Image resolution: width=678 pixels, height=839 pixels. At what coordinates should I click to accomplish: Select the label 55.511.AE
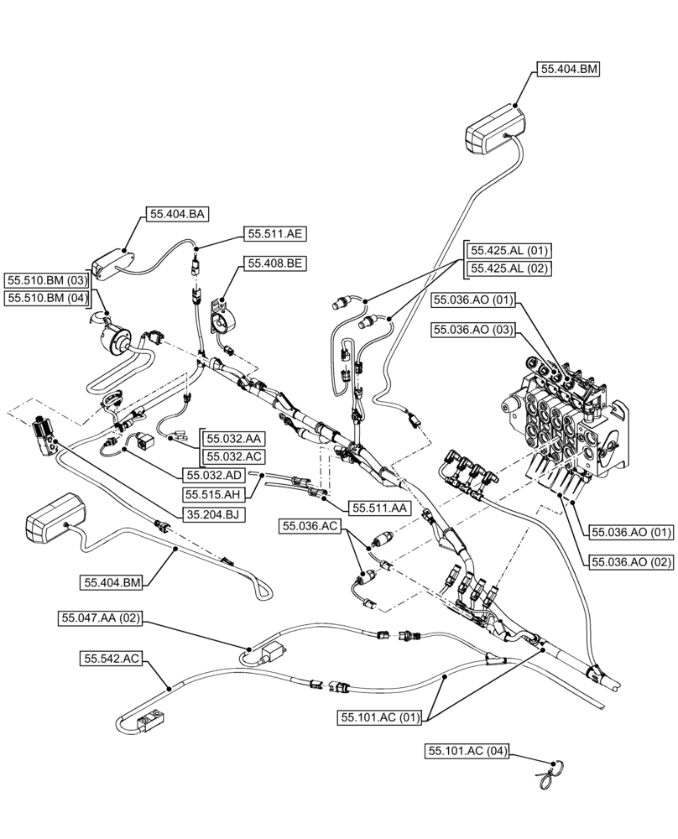274,234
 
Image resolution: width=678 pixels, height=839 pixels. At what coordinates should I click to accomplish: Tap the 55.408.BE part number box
274,263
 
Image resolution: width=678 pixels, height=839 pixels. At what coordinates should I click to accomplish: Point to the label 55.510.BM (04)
48,297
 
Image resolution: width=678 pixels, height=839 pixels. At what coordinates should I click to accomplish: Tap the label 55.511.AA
380,508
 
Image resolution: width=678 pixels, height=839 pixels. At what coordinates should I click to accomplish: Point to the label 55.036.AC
310,526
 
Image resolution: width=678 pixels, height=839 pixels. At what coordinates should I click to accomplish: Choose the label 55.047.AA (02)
102,618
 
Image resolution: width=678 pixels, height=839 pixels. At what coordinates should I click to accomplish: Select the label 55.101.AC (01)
380,717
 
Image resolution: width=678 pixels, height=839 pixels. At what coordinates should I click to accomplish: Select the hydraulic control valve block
564,415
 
